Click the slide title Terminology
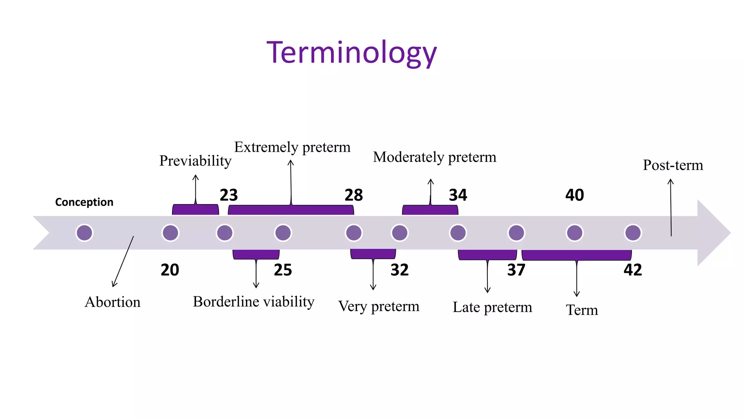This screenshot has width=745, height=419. pos(351,53)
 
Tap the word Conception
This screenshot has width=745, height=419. pos(84,202)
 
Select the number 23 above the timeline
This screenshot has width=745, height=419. pos(228,195)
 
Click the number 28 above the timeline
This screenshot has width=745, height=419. pos(354,195)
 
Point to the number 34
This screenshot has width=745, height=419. pos(458,195)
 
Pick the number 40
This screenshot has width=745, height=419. pos(574,195)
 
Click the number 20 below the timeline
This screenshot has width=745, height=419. pos(170,270)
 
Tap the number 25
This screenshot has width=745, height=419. pos(283,270)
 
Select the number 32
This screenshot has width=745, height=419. pos(399,270)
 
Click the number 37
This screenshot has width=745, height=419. pos(516,270)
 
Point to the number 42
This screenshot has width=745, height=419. pos(633,270)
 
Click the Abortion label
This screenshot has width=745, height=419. pos(112,302)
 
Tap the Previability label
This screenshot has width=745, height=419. pos(195,161)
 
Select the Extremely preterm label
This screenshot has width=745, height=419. pos(292,147)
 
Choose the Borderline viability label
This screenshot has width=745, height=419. pos(254,302)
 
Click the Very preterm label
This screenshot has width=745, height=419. pos(379,306)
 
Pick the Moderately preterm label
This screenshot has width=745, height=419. pos(434,157)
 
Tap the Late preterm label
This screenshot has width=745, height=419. pos(492,307)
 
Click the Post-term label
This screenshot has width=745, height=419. pos(673,165)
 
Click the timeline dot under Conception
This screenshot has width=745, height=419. pos(84,233)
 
